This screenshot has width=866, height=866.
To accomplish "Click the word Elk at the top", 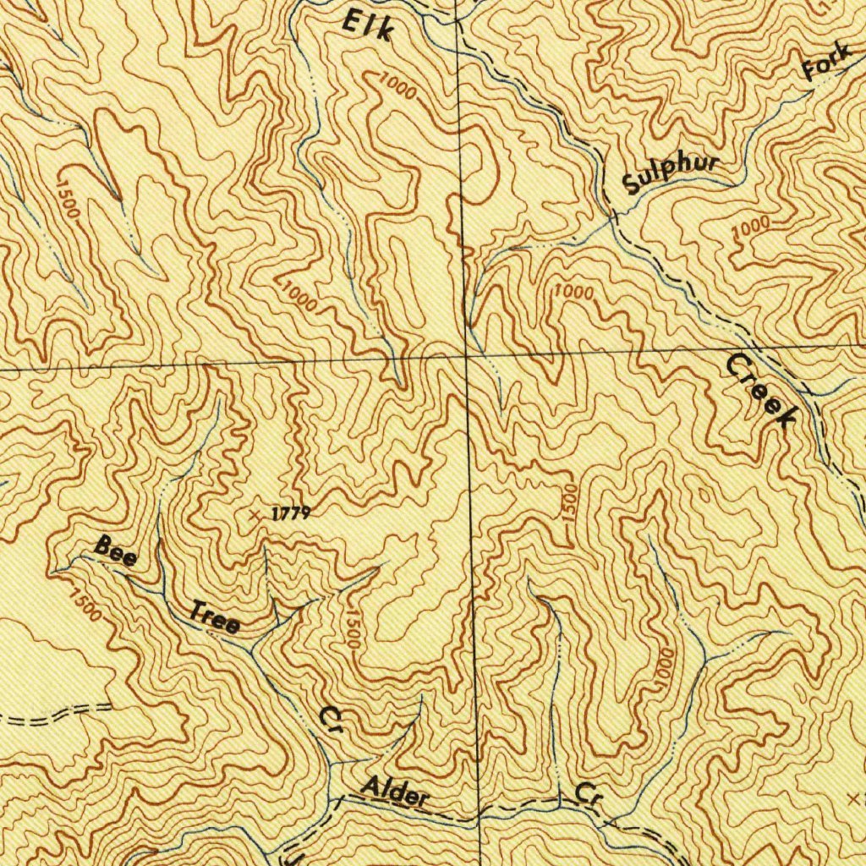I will [x=368, y=25].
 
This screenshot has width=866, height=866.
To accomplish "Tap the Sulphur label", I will [x=671, y=173].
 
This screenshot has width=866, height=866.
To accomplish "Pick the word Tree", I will [x=214, y=617].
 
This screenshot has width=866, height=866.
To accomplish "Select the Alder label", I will [x=395, y=792].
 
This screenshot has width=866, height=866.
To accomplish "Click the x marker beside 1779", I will [x=255, y=513].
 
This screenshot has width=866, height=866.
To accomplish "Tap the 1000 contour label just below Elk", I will [x=397, y=85].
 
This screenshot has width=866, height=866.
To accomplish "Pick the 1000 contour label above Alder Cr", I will [x=665, y=667].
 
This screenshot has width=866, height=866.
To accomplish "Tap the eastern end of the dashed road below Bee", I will [x=110, y=705].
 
